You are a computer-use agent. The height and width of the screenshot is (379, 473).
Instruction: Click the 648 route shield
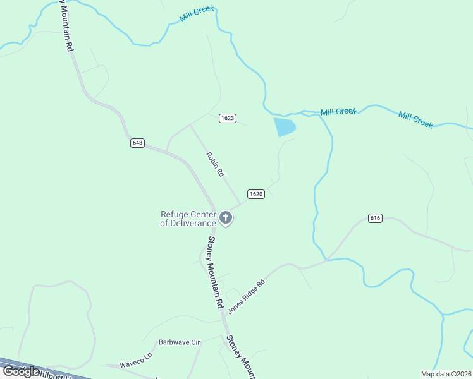[138, 143]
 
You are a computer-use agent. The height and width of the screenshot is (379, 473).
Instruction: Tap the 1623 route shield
[228, 118]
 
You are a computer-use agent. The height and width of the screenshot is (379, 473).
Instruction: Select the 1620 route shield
[255, 194]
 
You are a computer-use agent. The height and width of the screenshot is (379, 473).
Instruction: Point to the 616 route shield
[375, 218]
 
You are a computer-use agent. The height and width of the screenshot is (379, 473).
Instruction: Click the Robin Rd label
[215, 164]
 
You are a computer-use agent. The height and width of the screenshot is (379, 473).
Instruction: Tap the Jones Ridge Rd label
[246, 296]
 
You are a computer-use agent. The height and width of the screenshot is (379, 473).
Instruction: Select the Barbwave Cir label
[179, 342]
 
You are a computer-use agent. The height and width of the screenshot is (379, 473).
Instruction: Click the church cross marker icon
[226, 219]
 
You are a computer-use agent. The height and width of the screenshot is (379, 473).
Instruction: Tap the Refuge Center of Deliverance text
[188, 218]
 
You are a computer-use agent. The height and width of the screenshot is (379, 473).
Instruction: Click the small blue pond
[285, 127]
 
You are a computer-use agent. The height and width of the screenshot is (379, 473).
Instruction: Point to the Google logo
[21, 371]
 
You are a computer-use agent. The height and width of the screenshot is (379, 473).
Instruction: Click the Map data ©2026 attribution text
[446, 374]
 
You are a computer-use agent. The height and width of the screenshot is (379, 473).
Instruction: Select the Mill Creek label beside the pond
[338, 112]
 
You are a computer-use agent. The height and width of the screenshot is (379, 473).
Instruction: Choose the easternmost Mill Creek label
[415, 119]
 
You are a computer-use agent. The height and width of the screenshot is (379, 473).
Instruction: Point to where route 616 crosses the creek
[326, 258]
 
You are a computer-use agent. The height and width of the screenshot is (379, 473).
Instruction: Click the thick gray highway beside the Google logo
[63, 371]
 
